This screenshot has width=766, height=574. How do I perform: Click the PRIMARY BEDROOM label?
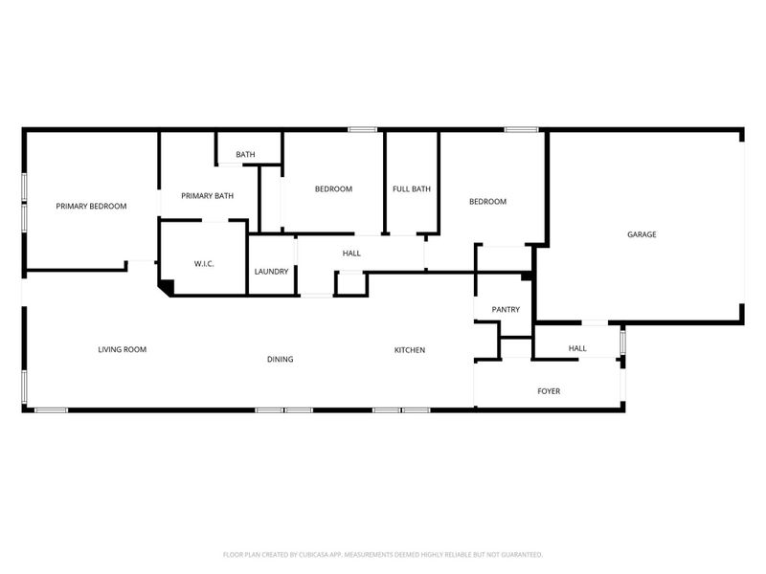tap(91, 206)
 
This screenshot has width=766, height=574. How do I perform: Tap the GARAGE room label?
tap(642, 234)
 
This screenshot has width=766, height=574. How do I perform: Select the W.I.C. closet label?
tap(203, 263)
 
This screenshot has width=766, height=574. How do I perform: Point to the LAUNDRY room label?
tap(271, 272)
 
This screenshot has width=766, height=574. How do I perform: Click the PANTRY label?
tap(505, 310)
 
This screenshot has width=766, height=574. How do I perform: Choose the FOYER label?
tap(549, 391)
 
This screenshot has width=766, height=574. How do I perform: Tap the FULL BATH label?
tap(412, 188)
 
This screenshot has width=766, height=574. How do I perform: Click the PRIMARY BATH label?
tap(208, 196)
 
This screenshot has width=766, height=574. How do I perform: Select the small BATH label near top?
tap(246, 154)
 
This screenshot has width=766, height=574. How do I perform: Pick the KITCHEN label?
tap(410, 350)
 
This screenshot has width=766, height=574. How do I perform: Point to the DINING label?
tap(280, 360)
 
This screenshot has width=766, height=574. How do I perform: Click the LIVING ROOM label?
tap(122, 349)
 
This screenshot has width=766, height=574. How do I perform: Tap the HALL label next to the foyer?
tap(577, 348)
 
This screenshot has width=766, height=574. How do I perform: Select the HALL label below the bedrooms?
tap(351, 253)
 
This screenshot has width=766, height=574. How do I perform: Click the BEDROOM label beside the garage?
tap(487, 202)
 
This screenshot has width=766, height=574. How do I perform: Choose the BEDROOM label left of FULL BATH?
tap(333, 188)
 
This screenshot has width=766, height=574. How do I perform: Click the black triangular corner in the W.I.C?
tap(165, 285)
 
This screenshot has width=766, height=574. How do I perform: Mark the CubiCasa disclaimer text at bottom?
tap(383, 555)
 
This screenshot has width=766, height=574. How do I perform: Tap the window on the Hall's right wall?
tap(622, 342)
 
